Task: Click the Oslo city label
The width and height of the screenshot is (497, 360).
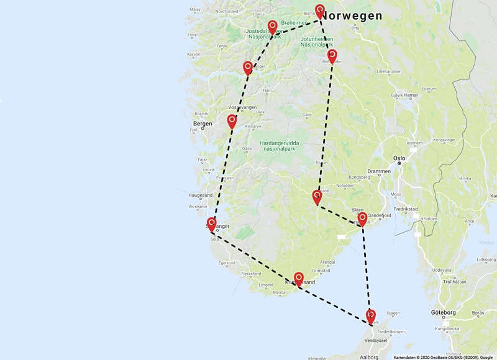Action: [399, 158]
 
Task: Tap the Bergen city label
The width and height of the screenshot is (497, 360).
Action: [203, 124]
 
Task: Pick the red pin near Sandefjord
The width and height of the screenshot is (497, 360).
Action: [362, 218]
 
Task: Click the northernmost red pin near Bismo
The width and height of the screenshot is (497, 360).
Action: [320, 10]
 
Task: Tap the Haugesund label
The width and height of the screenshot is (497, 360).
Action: [200, 194]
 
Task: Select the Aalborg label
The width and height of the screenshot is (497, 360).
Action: [369, 357]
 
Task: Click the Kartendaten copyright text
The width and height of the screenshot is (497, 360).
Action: [443, 357]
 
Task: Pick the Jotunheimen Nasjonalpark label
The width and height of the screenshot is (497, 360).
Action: [317, 41]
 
